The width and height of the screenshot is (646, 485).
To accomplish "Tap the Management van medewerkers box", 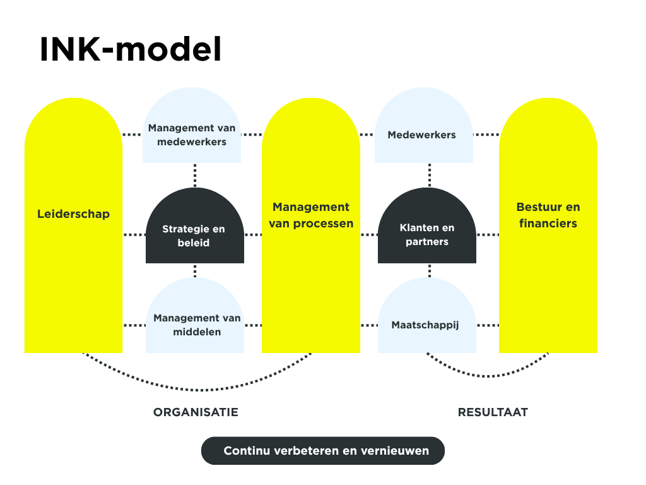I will [x=192, y=135].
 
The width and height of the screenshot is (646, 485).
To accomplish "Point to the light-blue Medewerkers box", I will [x=422, y=135].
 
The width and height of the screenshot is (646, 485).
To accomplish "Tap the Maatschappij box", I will [x=425, y=325].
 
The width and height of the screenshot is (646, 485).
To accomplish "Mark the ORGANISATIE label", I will [x=196, y=412].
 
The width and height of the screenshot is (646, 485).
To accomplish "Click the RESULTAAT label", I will [x=493, y=412].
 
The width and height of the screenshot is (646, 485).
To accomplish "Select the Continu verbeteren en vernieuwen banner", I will [x=323, y=451].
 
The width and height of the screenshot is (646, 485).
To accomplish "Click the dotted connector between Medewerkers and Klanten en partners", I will [x=430, y=175].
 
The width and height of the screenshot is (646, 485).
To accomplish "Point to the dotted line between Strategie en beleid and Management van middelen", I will [x=195, y=270].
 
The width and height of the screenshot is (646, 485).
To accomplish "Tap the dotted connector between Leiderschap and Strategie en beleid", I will [x=134, y=235].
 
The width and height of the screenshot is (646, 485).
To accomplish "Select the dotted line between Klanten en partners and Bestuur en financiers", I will [x=488, y=235].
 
